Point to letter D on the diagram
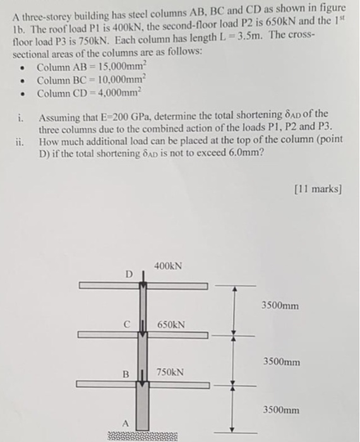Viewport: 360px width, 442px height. (x=129, y=274)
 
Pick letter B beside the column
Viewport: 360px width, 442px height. (x=126, y=373)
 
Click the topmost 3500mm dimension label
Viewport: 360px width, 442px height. (x=280, y=306)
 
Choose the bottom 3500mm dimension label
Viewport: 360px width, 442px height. (x=280, y=410)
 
